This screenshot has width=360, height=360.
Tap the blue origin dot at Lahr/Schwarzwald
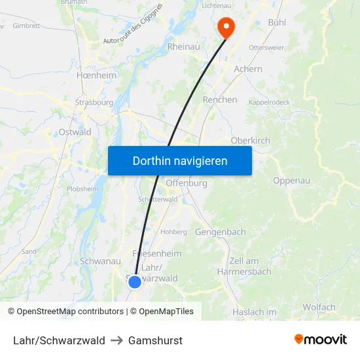click(134, 281)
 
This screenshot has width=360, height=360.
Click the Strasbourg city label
click(94, 103)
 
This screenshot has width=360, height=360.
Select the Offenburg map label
click(187, 183)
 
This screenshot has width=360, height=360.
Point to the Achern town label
click(248, 69)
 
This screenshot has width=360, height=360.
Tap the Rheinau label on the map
click(184, 47)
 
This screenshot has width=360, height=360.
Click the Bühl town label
click(281, 22)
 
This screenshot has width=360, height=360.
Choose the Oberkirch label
click(251, 140)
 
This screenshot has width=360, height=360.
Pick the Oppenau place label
click(291, 181)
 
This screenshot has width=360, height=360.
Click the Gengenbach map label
click(221, 232)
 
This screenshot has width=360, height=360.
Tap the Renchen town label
click(220, 100)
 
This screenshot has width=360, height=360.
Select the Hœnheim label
click(96, 75)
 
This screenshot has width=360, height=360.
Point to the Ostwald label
click(75, 132)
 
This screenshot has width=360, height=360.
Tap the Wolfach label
click(319, 307)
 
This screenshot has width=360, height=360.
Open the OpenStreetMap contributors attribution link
click(70, 312)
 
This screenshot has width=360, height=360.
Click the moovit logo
click(321, 339)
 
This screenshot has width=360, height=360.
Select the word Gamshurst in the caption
click(155, 340)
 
